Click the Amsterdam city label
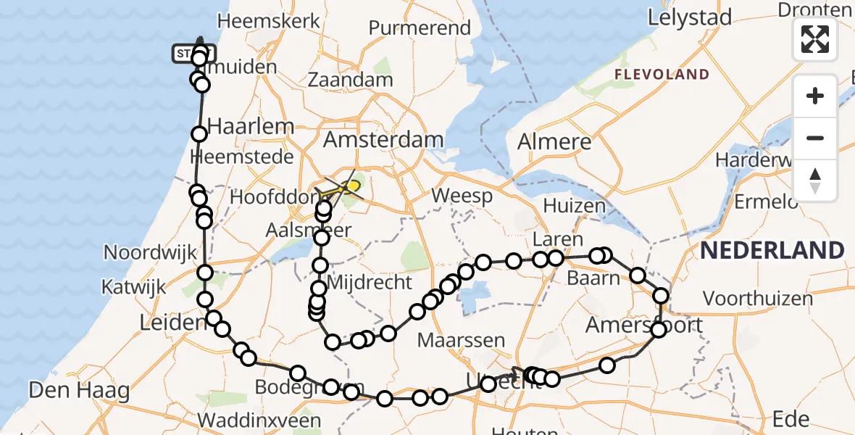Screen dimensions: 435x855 [x=383, y=140]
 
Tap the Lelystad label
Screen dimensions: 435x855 [x=690, y=17]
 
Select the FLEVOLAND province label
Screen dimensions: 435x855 [x=662, y=74]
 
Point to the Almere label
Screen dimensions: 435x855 [x=554, y=142]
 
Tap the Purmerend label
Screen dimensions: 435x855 [x=420, y=28]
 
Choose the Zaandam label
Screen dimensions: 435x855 [x=350, y=80]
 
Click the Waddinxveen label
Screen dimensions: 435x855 [x=259, y=420]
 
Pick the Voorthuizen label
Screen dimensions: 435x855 [x=758, y=298]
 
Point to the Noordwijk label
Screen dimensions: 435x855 [x=151, y=252]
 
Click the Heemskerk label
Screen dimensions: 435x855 [x=268, y=21]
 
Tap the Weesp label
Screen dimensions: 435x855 [x=462, y=196]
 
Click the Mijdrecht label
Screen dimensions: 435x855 [x=370, y=282]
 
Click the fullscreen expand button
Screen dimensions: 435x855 [x=815, y=38]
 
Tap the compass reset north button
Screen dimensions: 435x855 [x=815, y=180]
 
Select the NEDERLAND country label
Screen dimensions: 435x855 [x=772, y=251]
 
